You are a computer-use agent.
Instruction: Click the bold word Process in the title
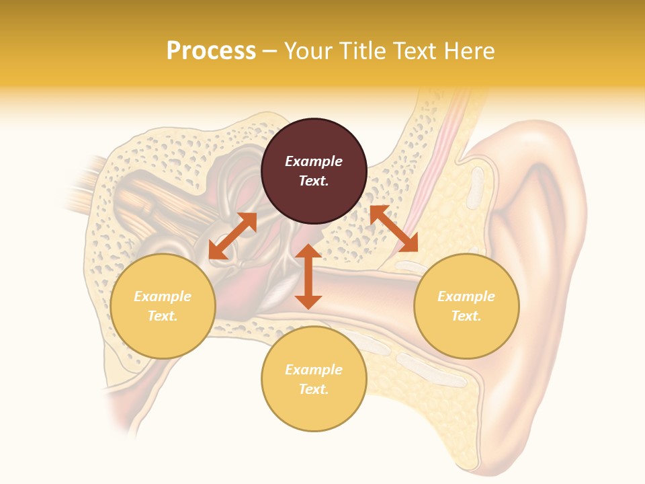211,51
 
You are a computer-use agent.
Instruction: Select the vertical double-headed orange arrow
308,276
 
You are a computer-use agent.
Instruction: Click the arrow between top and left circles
232,236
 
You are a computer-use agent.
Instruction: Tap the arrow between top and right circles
394,229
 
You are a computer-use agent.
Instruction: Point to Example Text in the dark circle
314,171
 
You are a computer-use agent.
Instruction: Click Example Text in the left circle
163,306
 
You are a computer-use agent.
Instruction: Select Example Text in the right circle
466,306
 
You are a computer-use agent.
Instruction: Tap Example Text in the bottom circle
314,379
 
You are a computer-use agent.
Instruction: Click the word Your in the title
307,51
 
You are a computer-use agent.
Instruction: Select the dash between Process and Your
269,52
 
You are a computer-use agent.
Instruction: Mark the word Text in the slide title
415,51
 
